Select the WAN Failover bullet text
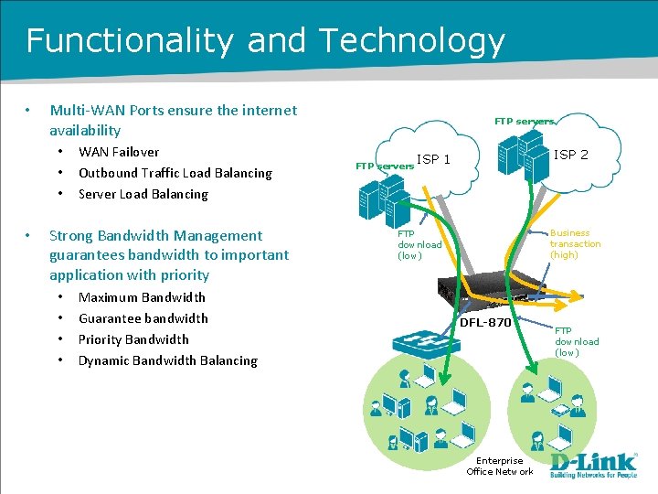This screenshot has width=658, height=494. pos(119,152)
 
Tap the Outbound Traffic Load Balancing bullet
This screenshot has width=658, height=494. pos(175,173)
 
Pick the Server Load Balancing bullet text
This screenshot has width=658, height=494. pos(143,194)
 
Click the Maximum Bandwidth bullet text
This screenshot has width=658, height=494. pos(142,297)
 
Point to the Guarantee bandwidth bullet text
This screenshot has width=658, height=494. pos(143,318)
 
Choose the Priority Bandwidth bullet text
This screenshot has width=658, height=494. pos(133,339)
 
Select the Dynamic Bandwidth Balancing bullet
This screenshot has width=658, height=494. pos(167,360)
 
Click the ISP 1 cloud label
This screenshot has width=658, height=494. pos(433,160)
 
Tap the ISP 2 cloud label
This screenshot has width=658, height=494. pos(571,155)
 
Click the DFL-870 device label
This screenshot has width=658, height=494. pos(484,323)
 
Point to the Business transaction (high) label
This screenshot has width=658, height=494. pos(575,244)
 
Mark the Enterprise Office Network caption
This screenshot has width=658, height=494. pos(500,466)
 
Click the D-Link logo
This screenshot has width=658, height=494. pos(593,466)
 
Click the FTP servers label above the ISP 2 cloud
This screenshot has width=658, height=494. pos(525,121)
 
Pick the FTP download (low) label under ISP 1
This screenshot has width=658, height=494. pos(419,245)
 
